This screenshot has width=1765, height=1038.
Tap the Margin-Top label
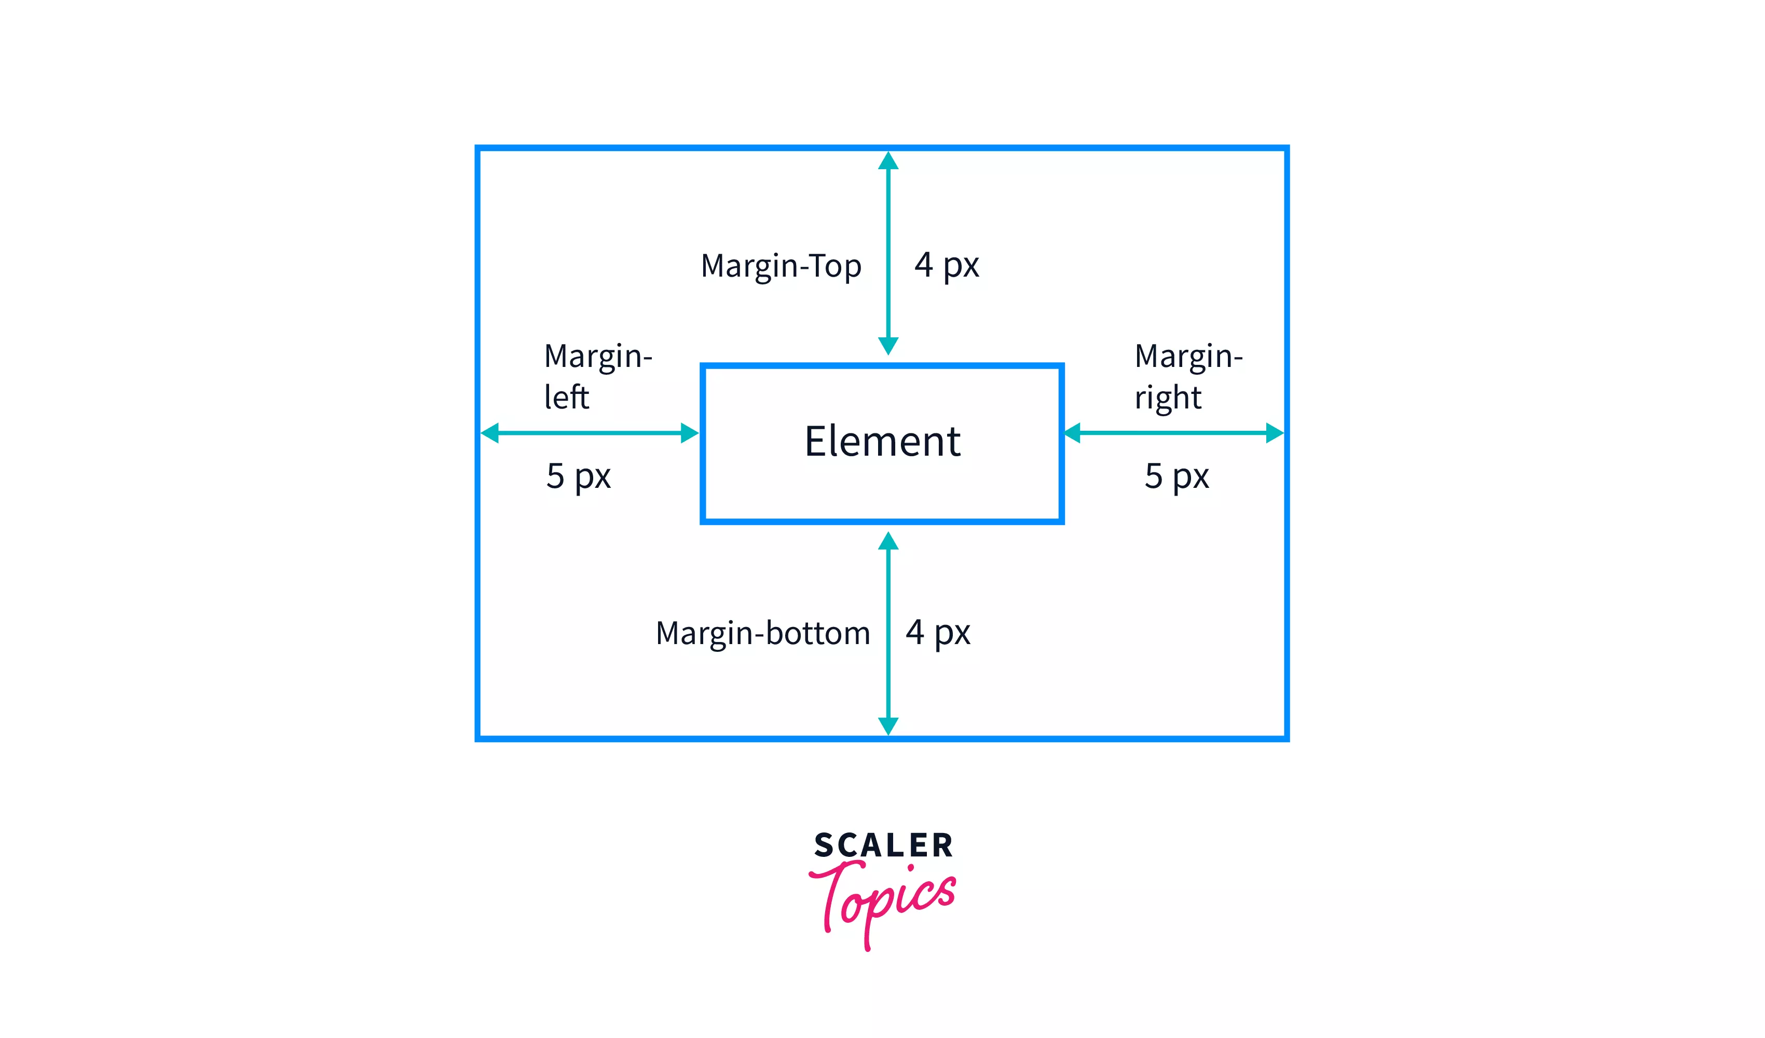coord(781,266)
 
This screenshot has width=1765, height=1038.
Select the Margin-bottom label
coord(763,633)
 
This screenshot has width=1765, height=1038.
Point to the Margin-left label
coord(597,376)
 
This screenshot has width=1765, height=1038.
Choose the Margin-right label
coord(1188,376)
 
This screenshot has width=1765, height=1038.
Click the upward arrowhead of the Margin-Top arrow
coord(888,162)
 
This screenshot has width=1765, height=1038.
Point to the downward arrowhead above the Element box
coord(888,345)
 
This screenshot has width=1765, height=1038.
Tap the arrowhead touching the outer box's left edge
coord(490,433)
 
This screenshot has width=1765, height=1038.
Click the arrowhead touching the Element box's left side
coord(689,433)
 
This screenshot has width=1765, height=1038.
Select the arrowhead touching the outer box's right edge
coord(1274,433)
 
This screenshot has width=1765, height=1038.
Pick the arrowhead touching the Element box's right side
coord(1073,433)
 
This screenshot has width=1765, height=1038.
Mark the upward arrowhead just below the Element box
coord(888,541)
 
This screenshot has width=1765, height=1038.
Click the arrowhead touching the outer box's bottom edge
coord(888,725)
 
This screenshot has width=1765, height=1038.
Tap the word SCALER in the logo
coord(883,845)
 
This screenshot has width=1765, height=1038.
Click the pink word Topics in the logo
coord(884,900)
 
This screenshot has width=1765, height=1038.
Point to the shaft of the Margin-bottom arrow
coord(888,631)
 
